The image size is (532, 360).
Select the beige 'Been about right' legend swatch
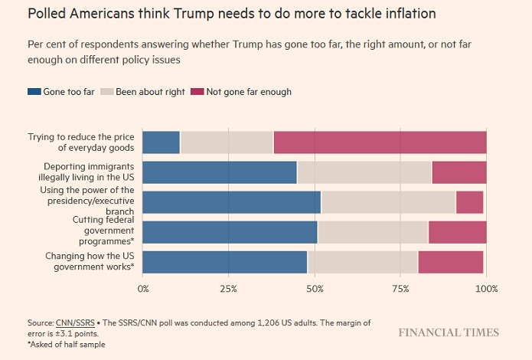click(108, 92)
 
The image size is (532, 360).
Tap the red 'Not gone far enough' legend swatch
click(197, 92)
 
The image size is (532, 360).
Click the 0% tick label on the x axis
click(143, 289)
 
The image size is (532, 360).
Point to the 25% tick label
click(228, 289)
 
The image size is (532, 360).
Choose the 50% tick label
click(315, 289)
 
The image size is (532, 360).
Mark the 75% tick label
click(400, 289)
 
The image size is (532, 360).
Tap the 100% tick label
click(486, 289)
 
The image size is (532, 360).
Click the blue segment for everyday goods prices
click(162, 142)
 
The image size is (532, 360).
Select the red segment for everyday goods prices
click(380, 142)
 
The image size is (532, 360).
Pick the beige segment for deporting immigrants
click(364, 172)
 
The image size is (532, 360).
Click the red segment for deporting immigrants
click(459, 172)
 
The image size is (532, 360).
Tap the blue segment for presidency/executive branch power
click(232, 202)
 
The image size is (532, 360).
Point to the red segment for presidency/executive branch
click(469, 202)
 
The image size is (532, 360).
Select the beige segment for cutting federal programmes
click(373, 232)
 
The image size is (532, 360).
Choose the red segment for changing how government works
click(451, 262)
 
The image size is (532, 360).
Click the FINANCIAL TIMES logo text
click(448, 332)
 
